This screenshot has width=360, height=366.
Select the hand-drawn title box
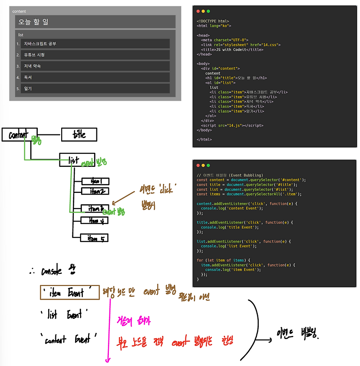click(x=79, y=134)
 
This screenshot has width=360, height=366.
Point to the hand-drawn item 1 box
click(x=95, y=181)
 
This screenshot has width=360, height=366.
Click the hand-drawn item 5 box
click(x=94, y=238)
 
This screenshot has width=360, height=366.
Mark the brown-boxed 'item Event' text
click(x=69, y=293)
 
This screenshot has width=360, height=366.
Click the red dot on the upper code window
click(x=197, y=11)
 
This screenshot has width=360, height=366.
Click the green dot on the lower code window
click(x=208, y=165)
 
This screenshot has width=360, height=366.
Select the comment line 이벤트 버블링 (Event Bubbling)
click(x=229, y=175)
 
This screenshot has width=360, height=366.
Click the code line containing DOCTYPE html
click(x=213, y=21)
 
